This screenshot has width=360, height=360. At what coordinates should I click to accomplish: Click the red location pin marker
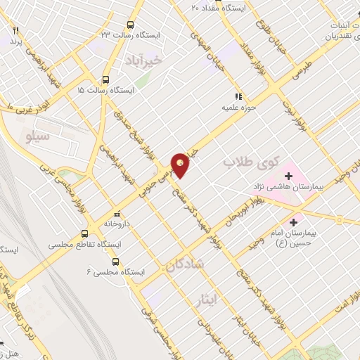point(181,165)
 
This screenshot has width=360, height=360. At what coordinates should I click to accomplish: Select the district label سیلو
point(37,134)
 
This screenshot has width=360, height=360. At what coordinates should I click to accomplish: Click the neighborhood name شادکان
point(184,264)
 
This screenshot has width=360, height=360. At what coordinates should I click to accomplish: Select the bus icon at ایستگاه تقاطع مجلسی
point(84,234)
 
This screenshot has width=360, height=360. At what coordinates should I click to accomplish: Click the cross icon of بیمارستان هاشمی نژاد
point(288,176)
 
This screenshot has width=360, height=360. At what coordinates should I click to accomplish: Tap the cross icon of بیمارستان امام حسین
point(298,223)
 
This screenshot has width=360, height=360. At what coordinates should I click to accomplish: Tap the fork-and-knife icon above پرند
point(15,31)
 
